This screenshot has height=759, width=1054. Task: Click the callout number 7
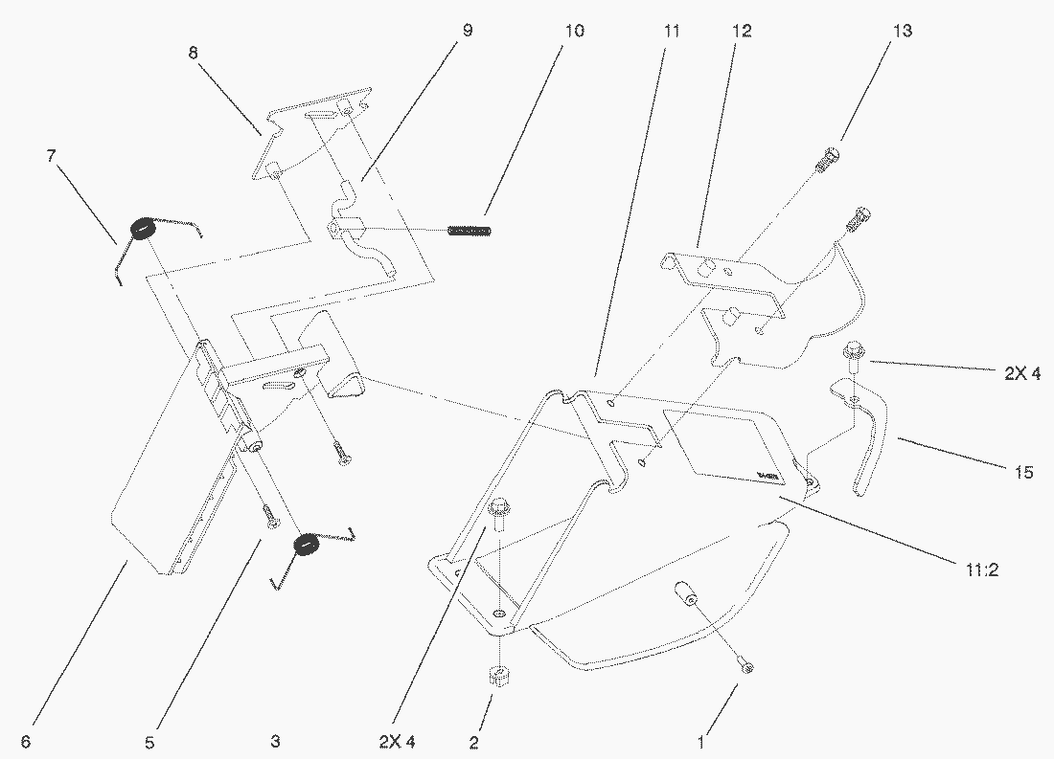coord(52,154)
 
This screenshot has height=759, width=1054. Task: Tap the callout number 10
coord(573,31)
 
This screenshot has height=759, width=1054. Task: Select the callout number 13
coord(902,31)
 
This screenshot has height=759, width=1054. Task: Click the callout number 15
coord(1024,472)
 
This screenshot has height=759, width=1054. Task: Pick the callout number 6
coord(25,741)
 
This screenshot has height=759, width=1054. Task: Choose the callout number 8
coord(194,54)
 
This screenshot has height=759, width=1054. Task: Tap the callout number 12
coord(742,31)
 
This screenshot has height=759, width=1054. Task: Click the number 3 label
coord(275,741)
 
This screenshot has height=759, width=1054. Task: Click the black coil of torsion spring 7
coord(141,230)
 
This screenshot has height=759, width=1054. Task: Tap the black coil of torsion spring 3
coord(306,545)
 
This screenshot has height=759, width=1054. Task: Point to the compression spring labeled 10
coord(470,230)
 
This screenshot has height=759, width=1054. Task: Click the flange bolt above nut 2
coord(498,513)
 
